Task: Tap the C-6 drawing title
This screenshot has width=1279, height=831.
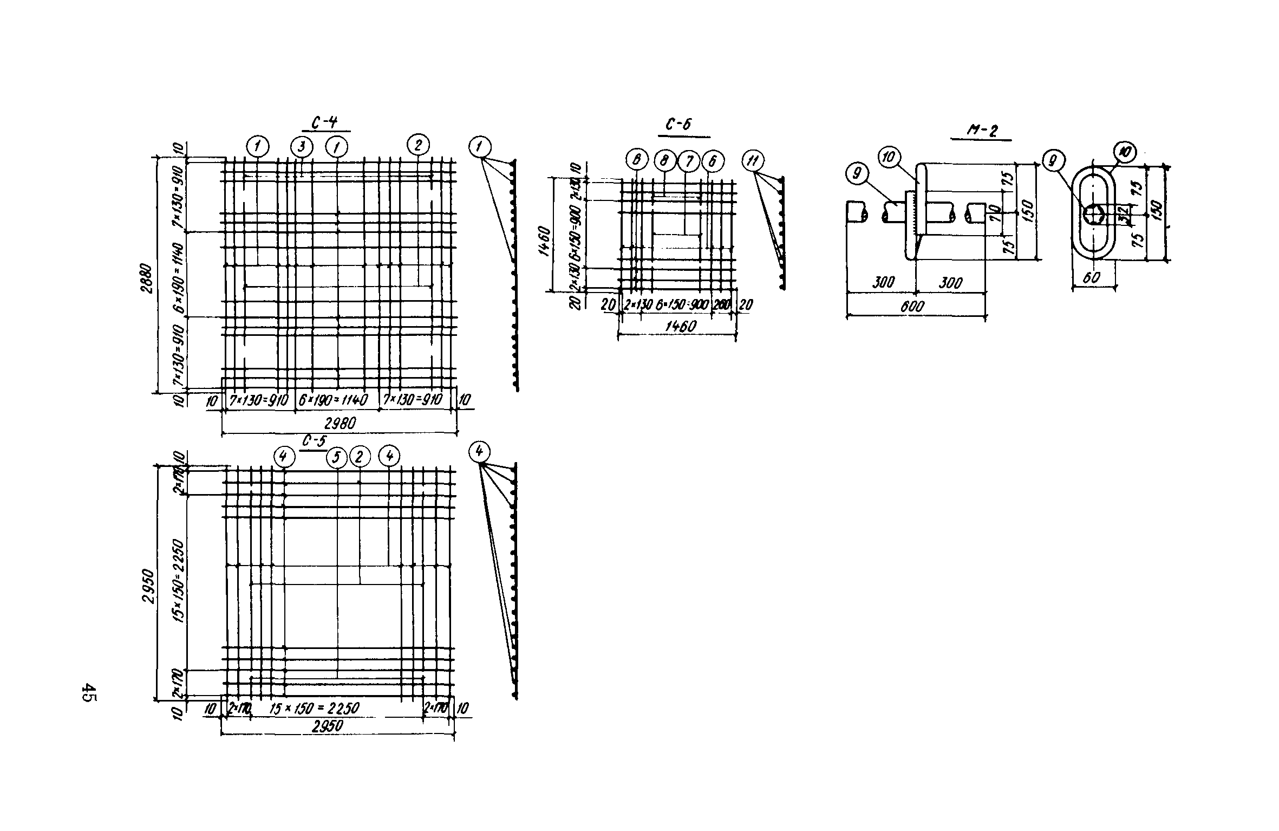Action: (678, 126)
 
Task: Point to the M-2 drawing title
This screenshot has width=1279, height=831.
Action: (981, 131)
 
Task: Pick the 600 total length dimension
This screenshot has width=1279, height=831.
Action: (913, 307)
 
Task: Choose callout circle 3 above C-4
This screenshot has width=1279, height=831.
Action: (301, 146)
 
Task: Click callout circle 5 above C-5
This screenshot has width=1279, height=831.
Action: (336, 458)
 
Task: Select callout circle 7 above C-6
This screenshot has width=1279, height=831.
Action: (689, 161)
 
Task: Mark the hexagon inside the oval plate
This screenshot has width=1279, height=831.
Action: (1093, 215)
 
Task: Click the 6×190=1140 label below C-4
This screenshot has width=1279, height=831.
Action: (332, 400)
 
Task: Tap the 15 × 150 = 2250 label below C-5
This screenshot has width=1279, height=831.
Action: (314, 709)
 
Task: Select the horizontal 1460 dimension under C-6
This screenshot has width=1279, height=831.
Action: (680, 326)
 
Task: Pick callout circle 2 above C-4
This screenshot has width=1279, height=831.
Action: (419, 145)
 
